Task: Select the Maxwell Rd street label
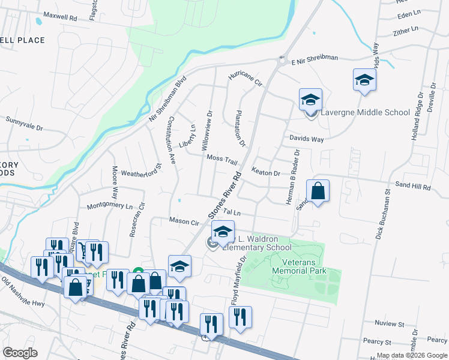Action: pos(61,19)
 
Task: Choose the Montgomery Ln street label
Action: pos(110,206)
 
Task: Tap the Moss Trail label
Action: pos(222,158)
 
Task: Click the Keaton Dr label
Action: pos(266,173)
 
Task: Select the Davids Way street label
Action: pos(307,139)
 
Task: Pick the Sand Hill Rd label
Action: pos(412,187)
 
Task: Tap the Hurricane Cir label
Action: pos(245,79)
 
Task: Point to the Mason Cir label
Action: pos(184,221)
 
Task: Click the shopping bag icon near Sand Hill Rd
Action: pos(318,192)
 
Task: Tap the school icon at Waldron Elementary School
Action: pos(222,232)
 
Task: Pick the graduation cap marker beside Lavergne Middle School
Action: pos(311,100)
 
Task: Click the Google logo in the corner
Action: pos(20,353)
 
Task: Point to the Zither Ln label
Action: pos(405,30)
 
